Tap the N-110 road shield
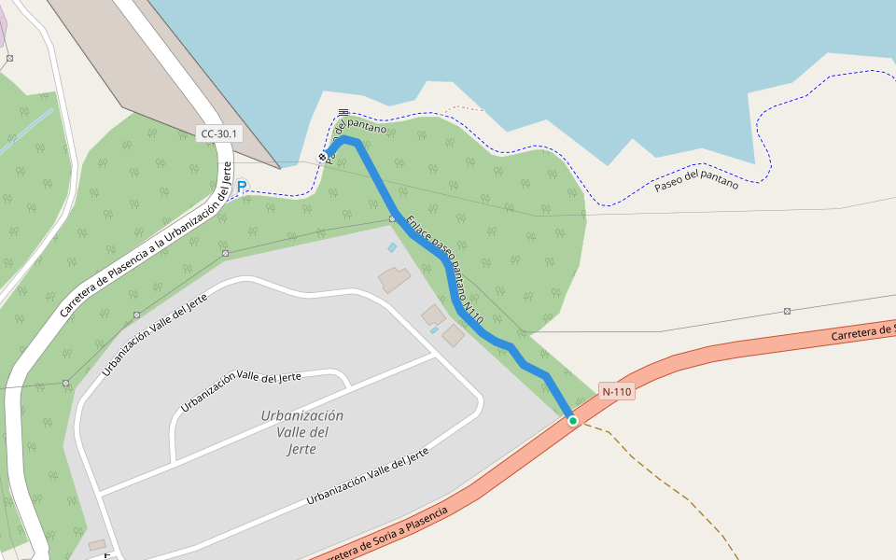point(617,392)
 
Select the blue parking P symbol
point(242,187)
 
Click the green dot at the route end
point(573,421)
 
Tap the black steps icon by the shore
point(343,113)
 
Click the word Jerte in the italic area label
point(302,449)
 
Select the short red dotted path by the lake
point(465,109)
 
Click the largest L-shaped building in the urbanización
point(394,278)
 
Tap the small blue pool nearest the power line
point(392,247)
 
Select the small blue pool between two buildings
point(434,330)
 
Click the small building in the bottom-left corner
point(97,544)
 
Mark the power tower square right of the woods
point(788,311)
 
